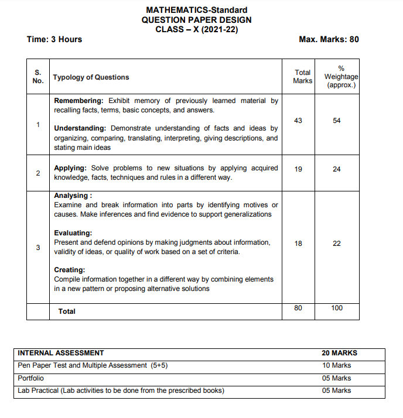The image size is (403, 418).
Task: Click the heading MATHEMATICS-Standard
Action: [x=196, y=10]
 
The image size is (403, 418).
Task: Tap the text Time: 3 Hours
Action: [x=54, y=39]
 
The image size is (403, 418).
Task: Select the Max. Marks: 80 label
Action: [x=329, y=39]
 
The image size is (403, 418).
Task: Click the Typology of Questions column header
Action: [x=91, y=77]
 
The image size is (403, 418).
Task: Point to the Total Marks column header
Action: [x=303, y=77]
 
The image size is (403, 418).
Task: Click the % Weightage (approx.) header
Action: [x=341, y=77]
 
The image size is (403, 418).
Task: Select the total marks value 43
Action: [x=298, y=121]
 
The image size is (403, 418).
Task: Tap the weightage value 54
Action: [x=337, y=121]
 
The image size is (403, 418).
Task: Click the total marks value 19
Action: [x=298, y=169]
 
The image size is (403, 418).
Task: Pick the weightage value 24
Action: [x=337, y=169]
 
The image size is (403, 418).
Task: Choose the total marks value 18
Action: [x=298, y=244]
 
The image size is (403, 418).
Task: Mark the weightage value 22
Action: [x=337, y=244]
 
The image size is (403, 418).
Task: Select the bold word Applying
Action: [x=70, y=168]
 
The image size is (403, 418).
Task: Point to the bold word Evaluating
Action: [x=73, y=233]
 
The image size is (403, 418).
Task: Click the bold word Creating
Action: [x=70, y=270]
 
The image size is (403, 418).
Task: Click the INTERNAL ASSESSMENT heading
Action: [x=61, y=353]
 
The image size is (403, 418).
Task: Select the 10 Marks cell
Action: [x=337, y=365]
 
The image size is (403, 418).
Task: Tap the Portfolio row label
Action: [x=31, y=378]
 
